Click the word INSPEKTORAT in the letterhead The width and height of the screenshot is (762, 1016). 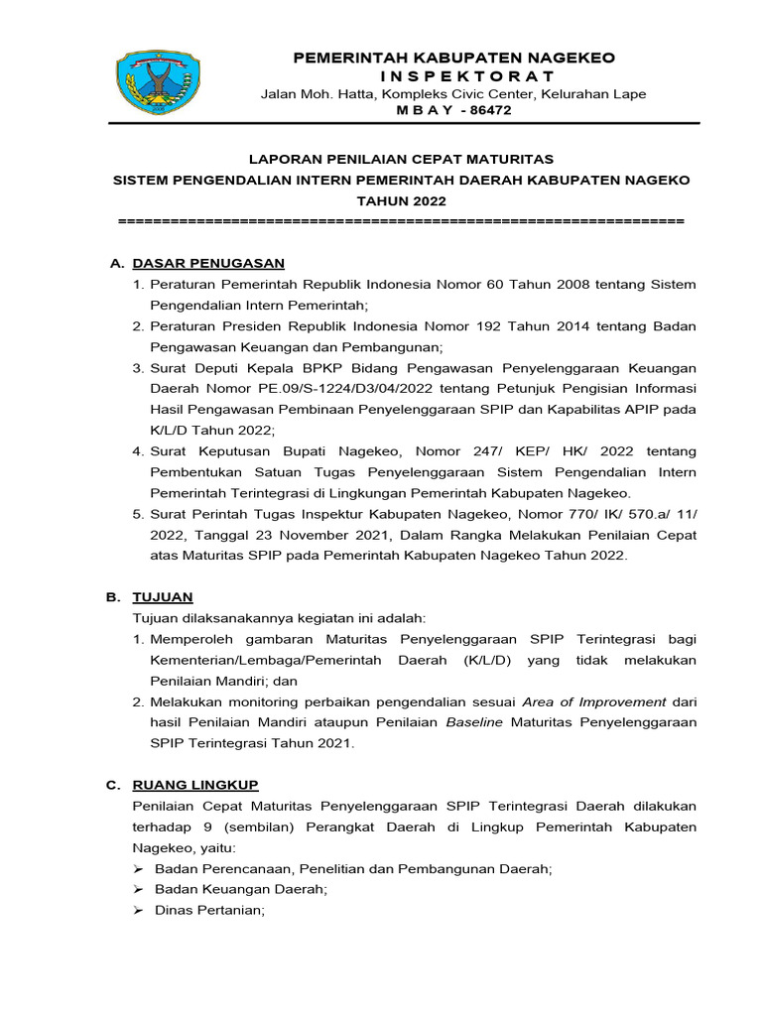coord(453,76)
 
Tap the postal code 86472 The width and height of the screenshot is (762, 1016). coord(484,111)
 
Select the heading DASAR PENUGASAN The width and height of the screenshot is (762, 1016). coord(208,263)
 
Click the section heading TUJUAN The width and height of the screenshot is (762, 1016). coord(163,597)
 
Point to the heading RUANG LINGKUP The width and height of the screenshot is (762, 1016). coord(195,785)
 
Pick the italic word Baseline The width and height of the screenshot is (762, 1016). coord(475,722)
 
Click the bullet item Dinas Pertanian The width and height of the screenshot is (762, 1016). coord(209,911)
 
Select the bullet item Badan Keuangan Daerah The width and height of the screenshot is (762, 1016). coord(240,890)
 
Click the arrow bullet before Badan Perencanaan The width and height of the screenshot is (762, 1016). coord(139,869)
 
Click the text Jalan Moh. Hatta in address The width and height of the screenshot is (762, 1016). coord(308,94)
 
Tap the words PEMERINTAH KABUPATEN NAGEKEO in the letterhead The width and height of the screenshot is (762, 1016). coord(452,58)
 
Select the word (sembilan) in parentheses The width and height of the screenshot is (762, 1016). coord(245,826)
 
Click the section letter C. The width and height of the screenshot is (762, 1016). coord(113,785)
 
